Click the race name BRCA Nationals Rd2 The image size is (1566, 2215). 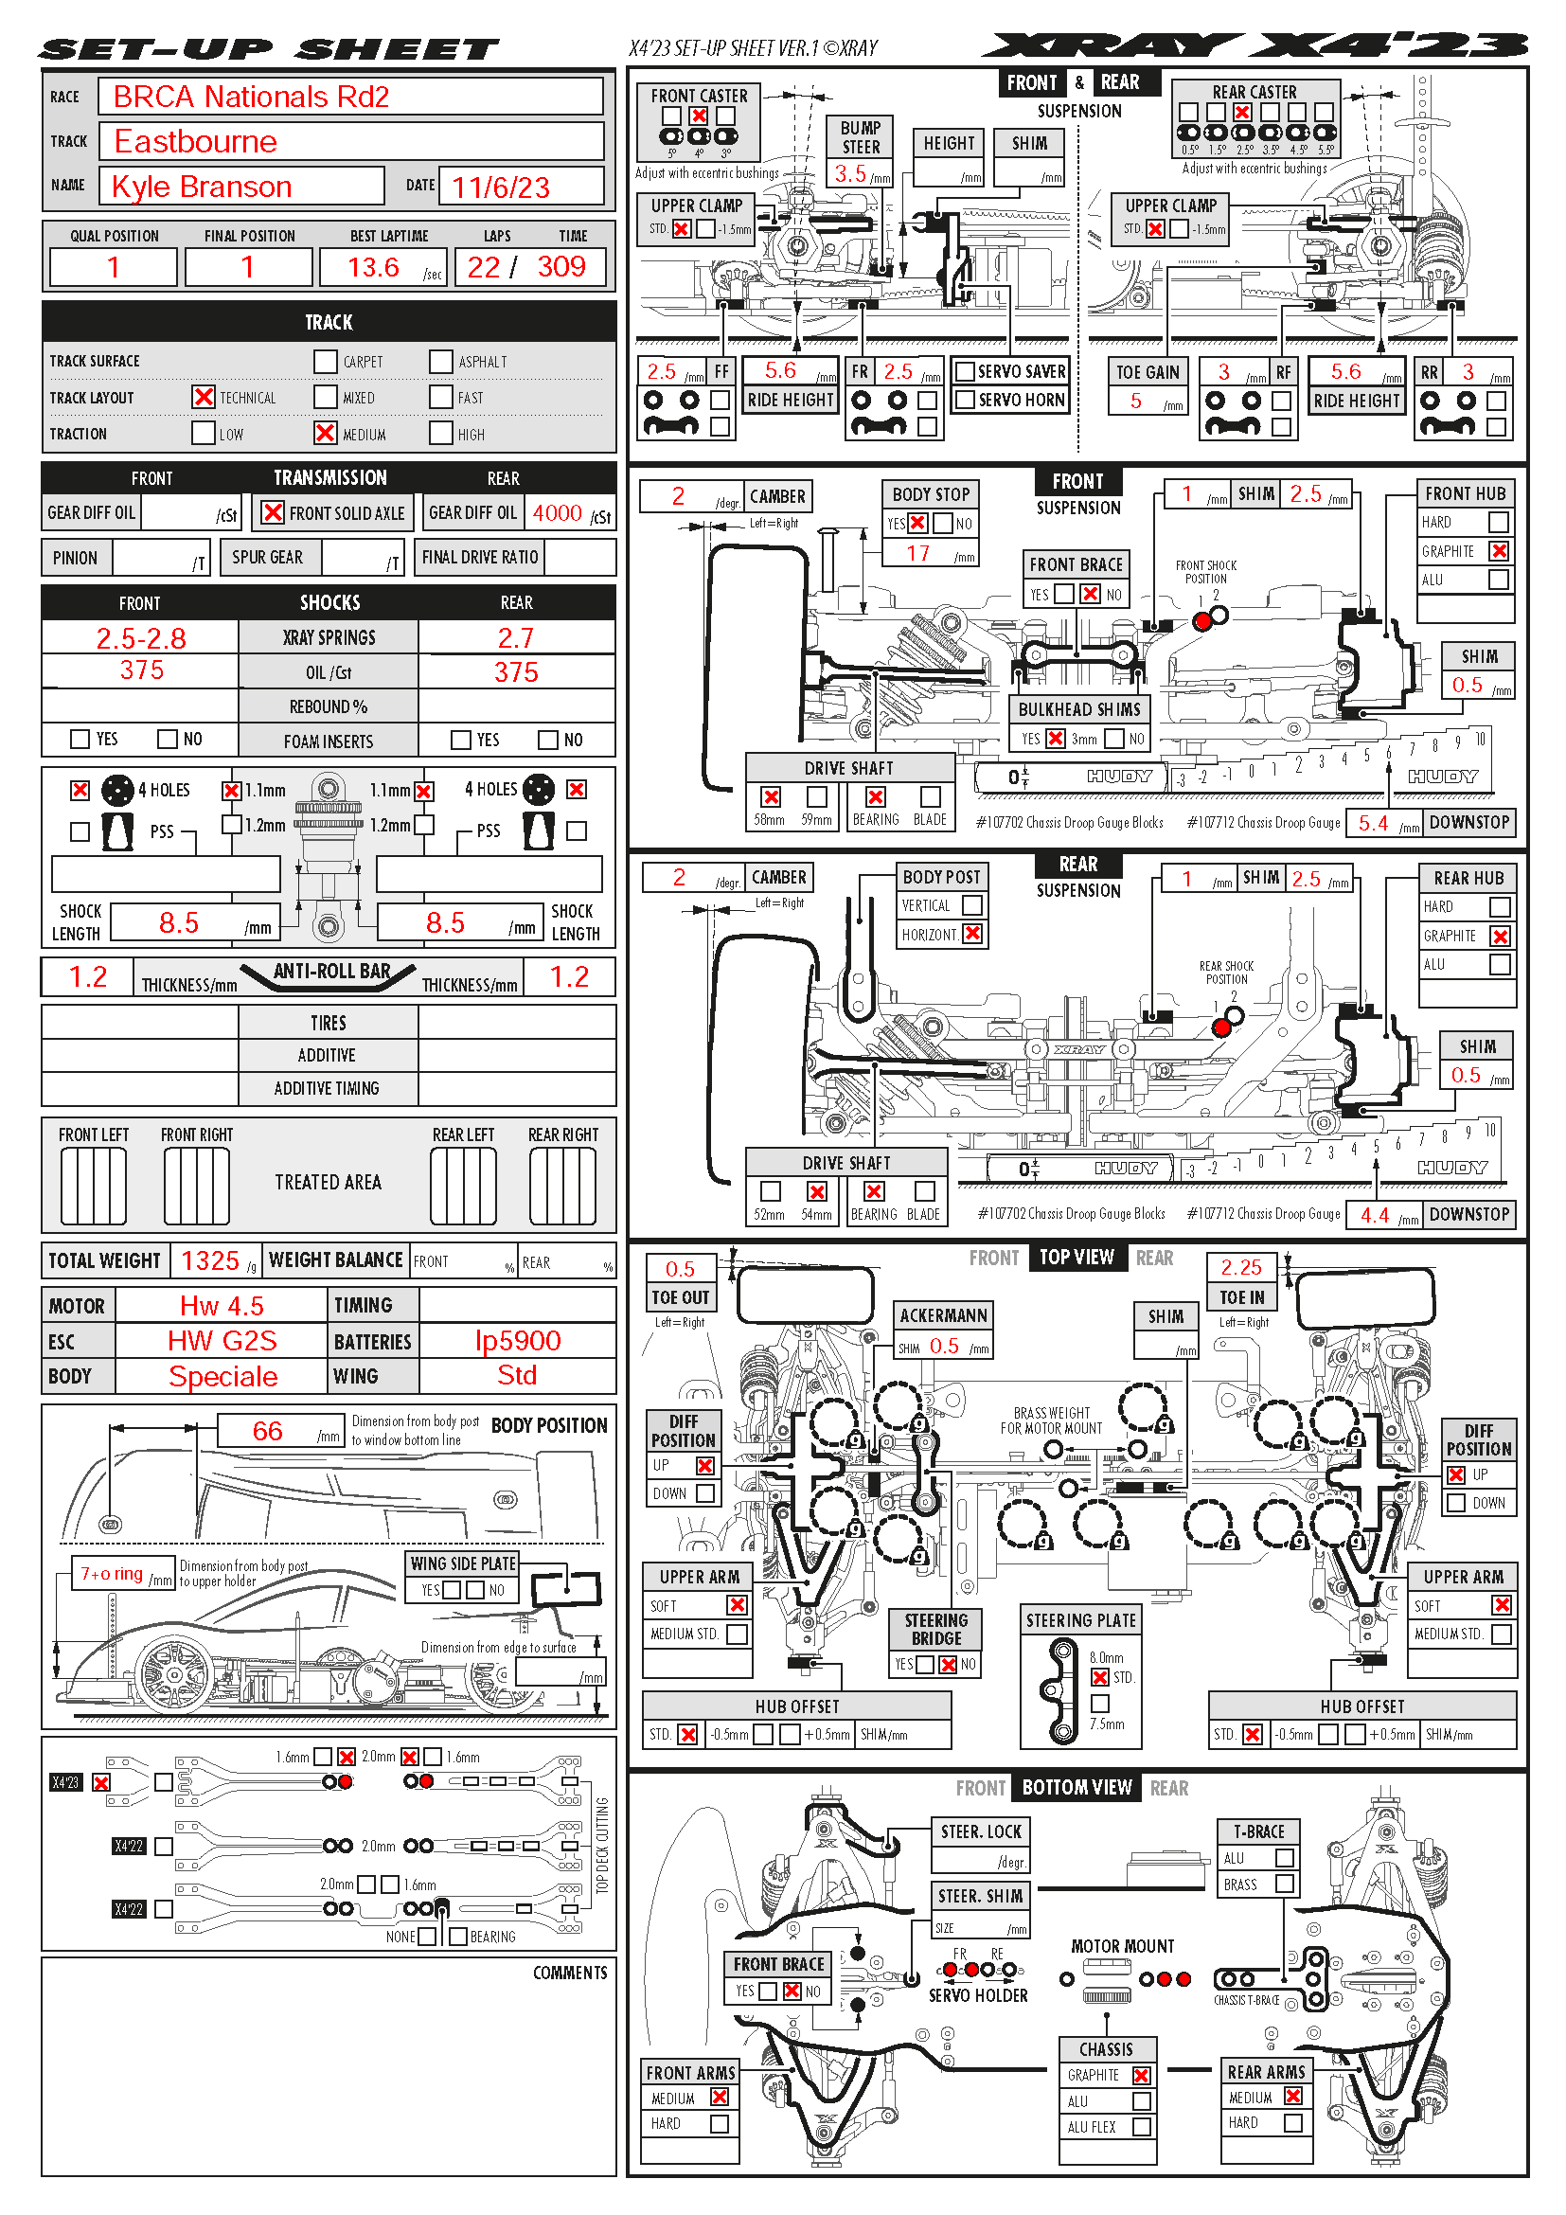point(251,97)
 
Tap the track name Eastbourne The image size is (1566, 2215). point(196,142)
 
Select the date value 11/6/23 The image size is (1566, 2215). point(501,188)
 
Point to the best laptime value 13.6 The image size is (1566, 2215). point(373,267)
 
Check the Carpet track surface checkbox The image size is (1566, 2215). point(325,362)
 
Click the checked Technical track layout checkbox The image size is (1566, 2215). point(204,398)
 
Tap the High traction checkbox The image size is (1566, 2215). point(440,433)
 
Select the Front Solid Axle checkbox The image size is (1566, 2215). point(273,512)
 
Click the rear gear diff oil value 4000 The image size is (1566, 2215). point(558,513)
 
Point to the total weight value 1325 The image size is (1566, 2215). point(210,1260)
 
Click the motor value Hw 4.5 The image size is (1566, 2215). point(222,1306)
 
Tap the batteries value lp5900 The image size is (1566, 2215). point(518,1341)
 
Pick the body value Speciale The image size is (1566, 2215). point(222,1377)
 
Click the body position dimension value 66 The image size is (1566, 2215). point(267,1432)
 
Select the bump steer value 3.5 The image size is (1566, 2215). point(849,173)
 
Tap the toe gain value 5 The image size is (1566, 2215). point(1136,402)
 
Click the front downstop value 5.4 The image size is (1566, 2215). point(1373,823)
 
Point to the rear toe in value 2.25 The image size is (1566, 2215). point(1241,1268)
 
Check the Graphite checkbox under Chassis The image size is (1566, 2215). point(1142,2075)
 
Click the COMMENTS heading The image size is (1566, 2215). point(570,1973)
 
